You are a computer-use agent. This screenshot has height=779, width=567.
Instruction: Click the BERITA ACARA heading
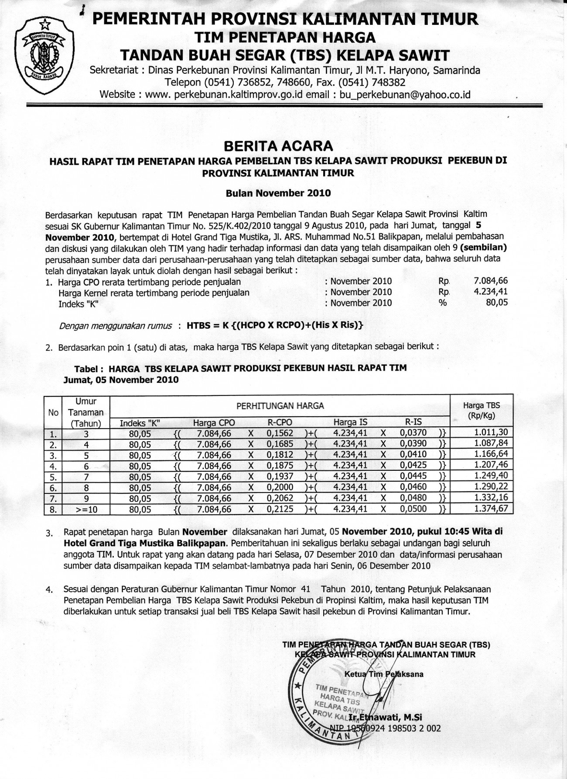(278, 146)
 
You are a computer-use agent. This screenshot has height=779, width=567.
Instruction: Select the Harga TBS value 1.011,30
(491, 432)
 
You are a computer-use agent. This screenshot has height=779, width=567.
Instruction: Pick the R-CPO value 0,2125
(280, 509)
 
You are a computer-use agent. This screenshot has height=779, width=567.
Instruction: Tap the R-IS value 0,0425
(413, 465)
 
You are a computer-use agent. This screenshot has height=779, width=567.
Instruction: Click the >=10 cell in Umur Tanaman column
(86, 509)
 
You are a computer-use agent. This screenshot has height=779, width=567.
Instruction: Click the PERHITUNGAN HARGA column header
(280, 406)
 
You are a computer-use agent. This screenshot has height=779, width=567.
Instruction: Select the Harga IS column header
(350, 422)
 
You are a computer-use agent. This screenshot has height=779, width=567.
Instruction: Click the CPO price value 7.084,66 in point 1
(491, 281)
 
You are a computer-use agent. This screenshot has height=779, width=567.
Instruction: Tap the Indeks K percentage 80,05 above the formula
(497, 303)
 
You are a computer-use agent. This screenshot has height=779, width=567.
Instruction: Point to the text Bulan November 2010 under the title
(278, 193)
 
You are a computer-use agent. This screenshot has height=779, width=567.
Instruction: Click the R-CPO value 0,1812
(280, 455)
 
